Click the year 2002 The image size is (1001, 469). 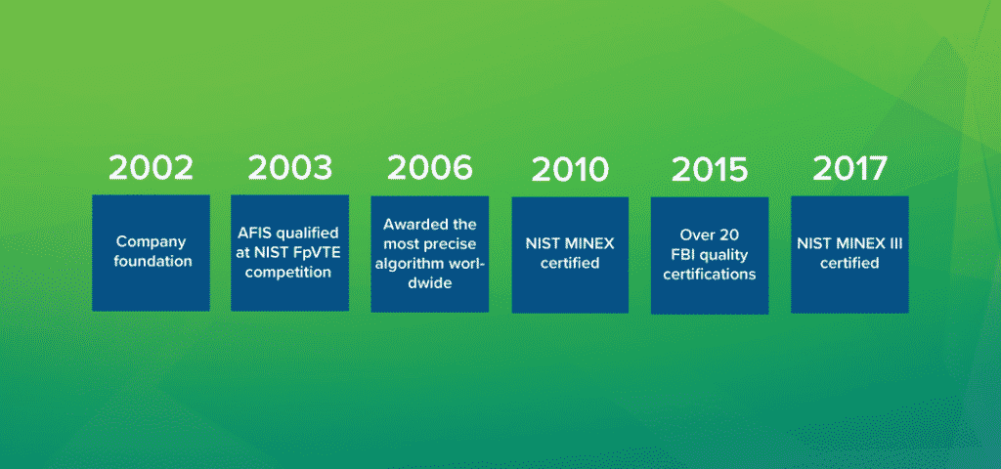(x=151, y=168)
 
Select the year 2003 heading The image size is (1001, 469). (x=290, y=168)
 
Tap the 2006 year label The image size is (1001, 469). (x=430, y=168)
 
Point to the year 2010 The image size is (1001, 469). (x=570, y=170)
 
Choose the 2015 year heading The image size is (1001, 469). (x=710, y=170)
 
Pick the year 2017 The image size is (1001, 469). (x=849, y=168)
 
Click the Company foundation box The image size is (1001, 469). (x=151, y=253)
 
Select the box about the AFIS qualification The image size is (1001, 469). (x=289, y=253)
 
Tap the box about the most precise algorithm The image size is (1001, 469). (x=430, y=253)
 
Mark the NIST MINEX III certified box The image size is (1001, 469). (x=849, y=254)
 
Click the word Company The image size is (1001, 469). (x=151, y=242)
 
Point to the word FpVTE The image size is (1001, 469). (x=315, y=252)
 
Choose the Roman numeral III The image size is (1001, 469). (x=894, y=243)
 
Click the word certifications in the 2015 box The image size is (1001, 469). (x=710, y=276)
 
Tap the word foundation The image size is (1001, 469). (x=153, y=262)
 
